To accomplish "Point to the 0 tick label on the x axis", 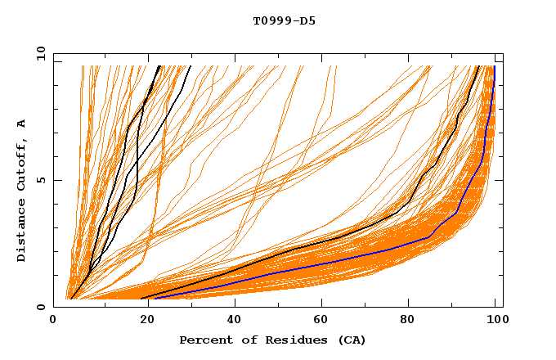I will coord(54,320).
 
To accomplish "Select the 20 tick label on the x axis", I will coord(143,320).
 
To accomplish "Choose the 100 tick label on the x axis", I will coord(495,320).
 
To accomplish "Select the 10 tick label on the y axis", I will coord(38,53).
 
